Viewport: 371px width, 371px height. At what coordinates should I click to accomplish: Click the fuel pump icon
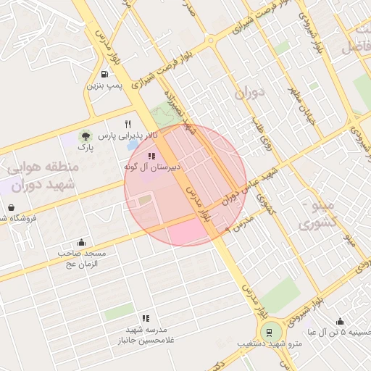coord(105,74)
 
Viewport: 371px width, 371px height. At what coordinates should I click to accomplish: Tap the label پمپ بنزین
coord(105,86)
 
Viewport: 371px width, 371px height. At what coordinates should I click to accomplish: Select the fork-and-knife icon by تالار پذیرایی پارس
coord(128,124)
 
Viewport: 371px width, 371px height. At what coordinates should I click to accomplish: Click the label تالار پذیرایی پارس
coord(127,136)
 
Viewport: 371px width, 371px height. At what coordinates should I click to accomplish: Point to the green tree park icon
coord(86,136)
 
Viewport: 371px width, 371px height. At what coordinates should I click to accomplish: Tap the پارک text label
coord(86,147)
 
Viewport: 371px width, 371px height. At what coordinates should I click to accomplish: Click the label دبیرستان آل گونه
coord(151,167)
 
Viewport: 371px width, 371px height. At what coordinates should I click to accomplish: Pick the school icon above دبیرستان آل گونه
coord(151,156)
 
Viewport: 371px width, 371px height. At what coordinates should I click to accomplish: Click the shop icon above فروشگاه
coord(11,207)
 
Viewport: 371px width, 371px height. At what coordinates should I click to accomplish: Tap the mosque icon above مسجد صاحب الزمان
coord(81,243)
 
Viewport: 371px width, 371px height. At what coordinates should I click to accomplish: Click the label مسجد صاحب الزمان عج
coord(82,258)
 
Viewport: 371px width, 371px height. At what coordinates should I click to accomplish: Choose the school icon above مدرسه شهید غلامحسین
coord(146,317)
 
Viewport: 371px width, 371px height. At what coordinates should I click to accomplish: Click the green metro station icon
coord(270,333)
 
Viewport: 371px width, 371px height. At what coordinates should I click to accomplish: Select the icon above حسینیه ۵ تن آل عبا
coord(340,321)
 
